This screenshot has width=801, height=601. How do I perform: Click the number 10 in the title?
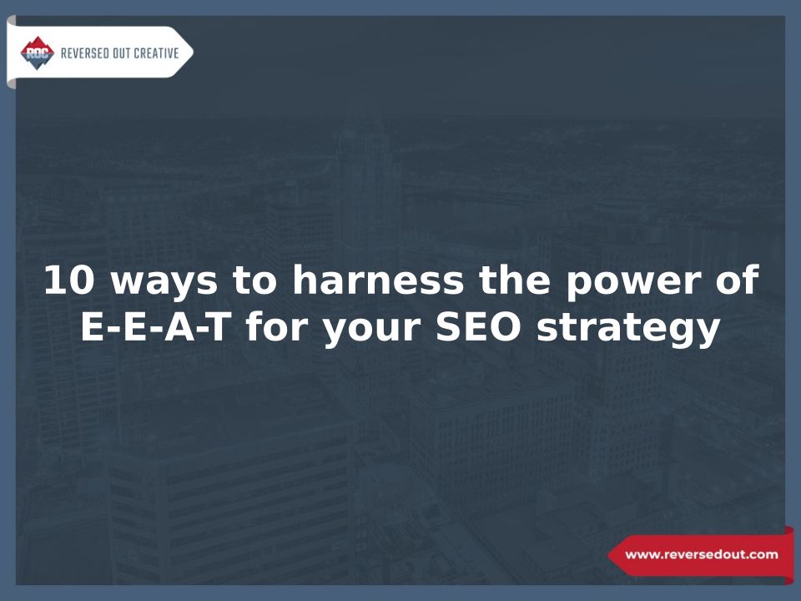tap(69, 280)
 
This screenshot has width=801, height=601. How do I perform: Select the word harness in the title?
tap(378, 280)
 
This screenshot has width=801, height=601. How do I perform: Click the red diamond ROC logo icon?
tap(38, 53)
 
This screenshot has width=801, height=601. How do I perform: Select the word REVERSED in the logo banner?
tap(85, 53)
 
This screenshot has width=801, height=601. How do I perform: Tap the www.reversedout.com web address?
tap(702, 554)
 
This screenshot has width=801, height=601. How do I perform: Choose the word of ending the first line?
tap(738, 280)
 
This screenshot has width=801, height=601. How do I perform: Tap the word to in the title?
tap(254, 280)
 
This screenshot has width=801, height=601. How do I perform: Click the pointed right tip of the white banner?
tap(193, 52)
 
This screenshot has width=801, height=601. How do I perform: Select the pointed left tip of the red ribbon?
tap(608, 555)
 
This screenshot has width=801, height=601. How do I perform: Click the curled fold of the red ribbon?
tap(789, 555)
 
